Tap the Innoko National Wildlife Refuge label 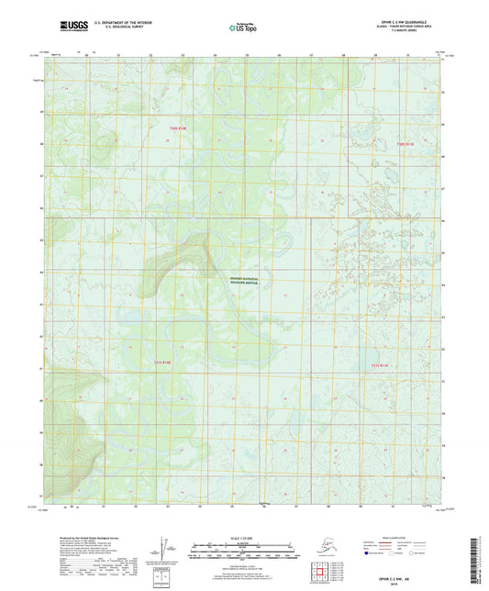244,282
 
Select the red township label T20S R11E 406,144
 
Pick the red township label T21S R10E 161,363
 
